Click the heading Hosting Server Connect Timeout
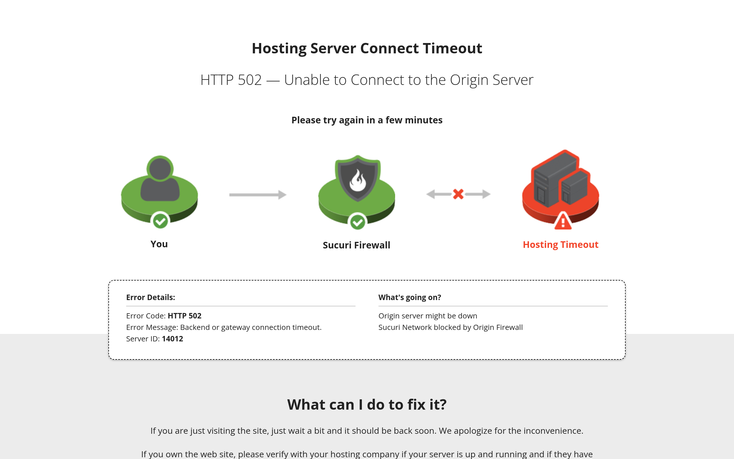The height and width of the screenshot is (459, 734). point(367,48)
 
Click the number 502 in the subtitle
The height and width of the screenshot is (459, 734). point(250,80)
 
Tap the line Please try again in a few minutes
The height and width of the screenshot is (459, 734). point(367,120)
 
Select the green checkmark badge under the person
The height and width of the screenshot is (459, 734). point(160,221)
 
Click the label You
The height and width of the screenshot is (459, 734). point(159,244)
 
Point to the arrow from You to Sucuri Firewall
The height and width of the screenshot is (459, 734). point(258,195)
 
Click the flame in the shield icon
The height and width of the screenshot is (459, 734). point(358,181)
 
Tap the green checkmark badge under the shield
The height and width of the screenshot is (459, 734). point(358,223)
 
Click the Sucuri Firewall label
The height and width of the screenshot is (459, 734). point(357,245)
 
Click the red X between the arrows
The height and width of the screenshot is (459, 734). point(458,194)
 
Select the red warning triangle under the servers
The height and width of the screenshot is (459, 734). point(563,221)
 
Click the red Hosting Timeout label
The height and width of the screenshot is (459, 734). point(561,245)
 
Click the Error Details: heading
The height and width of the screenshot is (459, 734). point(151,297)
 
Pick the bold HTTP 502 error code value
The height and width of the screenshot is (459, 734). point(184,316)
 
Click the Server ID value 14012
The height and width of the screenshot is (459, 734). point(173,339)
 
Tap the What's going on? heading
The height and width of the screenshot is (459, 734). point(410,297)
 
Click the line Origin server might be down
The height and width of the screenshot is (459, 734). point(428,316)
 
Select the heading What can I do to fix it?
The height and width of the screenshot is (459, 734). point(367,405)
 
